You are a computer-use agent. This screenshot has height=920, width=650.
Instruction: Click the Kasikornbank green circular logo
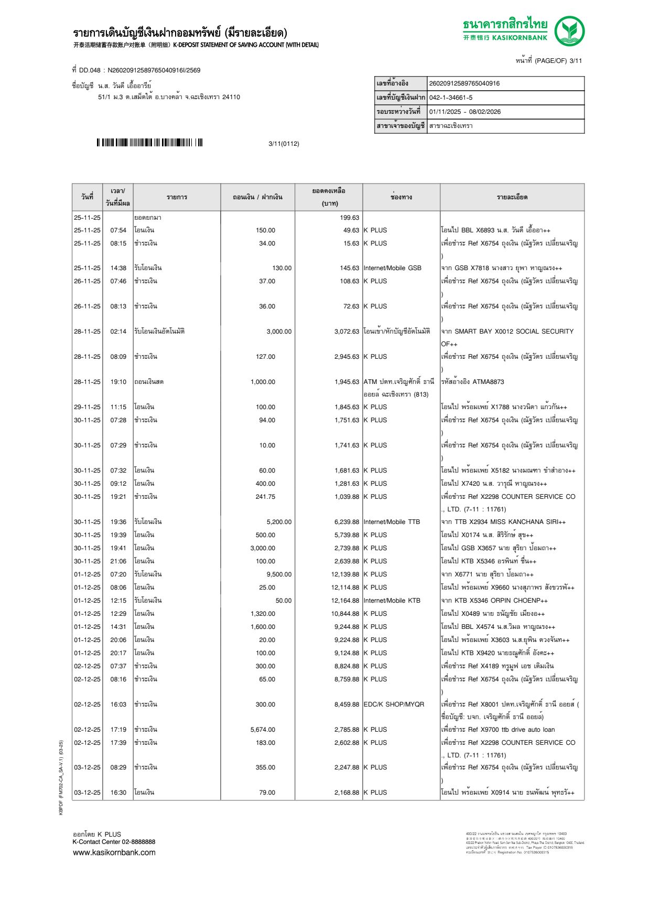[569, 31]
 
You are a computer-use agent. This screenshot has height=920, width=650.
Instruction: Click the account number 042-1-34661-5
[450, 98]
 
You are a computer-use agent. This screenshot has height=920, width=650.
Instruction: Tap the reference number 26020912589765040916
[464, 83]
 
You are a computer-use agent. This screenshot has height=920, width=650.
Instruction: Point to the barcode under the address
[149, 143]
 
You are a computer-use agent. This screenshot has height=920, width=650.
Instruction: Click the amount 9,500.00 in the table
[279, 574]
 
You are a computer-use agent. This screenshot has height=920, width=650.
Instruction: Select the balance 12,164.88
[345, 601]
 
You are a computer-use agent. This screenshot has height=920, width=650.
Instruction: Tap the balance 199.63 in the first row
[349, 218]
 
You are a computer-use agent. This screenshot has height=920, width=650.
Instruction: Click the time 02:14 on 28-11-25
[118, 331]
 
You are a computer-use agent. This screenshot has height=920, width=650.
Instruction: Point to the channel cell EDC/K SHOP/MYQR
[394, 704]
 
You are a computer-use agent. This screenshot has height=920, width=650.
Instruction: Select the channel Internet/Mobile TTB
[392, 522]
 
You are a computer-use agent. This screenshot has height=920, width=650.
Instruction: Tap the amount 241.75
[265, 497]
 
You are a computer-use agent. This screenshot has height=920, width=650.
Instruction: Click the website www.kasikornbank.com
[114, 852]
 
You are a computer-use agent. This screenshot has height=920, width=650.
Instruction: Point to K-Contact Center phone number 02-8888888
[138, 842]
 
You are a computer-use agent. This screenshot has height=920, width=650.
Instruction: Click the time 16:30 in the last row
[118, 793]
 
